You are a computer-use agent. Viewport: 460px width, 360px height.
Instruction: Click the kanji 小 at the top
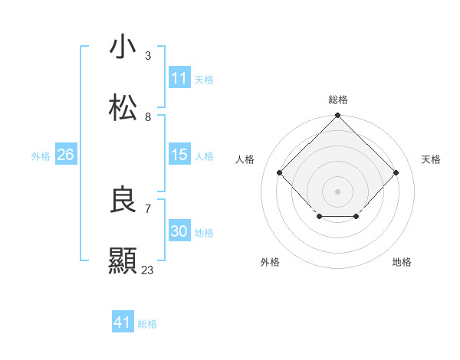coord(123,47)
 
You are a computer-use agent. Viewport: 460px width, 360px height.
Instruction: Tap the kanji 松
coord(123,108)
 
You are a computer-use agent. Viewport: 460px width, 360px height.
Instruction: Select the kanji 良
coord(123,200)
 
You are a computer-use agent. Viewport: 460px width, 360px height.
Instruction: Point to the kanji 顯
coord(123,261)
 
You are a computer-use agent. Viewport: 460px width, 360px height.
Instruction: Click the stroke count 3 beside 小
coord(148,56)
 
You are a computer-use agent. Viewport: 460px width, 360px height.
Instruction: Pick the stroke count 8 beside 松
coord(148,117)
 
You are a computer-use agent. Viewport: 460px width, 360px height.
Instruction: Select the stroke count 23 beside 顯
coord(148,270)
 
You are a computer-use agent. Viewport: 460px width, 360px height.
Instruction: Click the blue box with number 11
coord(179,78)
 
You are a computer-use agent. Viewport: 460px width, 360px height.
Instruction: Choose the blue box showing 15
coord(179,155)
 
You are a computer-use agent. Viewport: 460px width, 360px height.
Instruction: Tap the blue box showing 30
coord(179,231)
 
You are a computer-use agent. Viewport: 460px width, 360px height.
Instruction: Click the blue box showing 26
coord(65,155)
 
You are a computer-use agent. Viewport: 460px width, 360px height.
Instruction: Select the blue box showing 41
coord(123,322)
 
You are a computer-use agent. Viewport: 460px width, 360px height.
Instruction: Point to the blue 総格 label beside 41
coord(147,324)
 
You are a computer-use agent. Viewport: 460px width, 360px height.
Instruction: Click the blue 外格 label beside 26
coord(41,156)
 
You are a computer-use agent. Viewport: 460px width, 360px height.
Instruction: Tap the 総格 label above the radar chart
coord(337,100)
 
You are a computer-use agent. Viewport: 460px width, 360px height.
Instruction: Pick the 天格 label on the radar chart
coord(431,159)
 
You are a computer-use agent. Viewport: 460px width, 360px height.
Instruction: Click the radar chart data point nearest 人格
coord(280,173)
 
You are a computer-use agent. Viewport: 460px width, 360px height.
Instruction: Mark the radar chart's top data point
coord(337,116)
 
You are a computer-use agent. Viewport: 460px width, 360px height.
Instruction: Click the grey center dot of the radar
coord(337,191)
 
